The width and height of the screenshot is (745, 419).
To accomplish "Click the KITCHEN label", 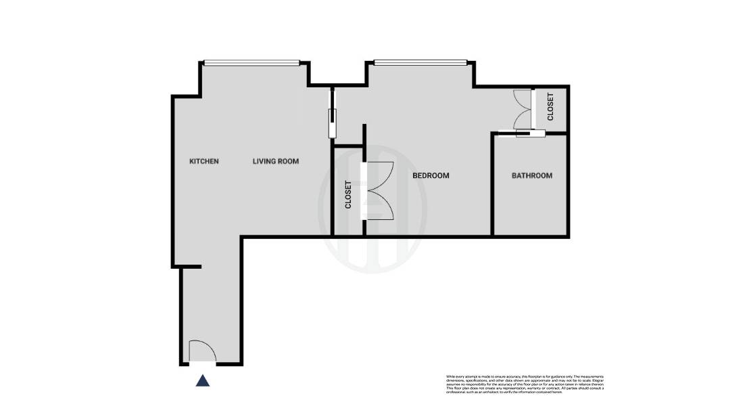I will pyautogui.click(x=203, y=161).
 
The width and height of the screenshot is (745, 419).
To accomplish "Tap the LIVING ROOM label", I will pyautogui.click(x=275, y=161).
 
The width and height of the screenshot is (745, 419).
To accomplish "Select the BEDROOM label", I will pyautogui.click(x=431, y=175).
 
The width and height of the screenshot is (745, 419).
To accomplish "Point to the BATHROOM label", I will pyautogui.click(x=531, y=175).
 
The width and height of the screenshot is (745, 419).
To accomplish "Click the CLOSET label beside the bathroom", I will pyautogui.click(x=550, y=107).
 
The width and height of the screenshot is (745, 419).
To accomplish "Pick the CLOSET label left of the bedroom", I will pyautogui.click(x=348, y=194).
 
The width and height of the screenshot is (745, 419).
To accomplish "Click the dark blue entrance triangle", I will pyautogui.click(x=202, y=381).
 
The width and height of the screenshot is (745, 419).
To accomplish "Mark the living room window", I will pyautogui.click(x=251, y=64).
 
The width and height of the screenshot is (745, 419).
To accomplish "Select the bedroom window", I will pyautogui.click(x=420, y=64).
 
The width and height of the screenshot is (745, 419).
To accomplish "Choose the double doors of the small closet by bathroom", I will pyautogui.click(x=523, y=108).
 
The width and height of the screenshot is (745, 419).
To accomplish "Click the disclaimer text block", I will pyautogui.click(x=525, y=383).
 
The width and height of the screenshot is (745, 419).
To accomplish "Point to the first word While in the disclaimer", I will pyautogui.click(x=451, y=376).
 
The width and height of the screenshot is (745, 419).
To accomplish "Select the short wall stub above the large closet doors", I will pyautogui.click(x=364, y=142).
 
